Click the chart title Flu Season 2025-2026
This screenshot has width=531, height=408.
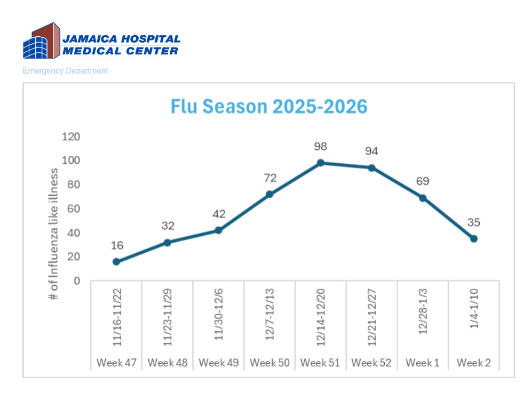(x=269, y=106)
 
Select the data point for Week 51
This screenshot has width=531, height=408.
(x=320, y=163)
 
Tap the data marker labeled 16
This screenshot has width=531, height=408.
(x=116, y=261)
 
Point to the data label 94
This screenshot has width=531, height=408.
(x=371, y=151)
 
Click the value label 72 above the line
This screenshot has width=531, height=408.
(x=269, y=178)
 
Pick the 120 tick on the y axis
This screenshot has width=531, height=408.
(x=71, y=137)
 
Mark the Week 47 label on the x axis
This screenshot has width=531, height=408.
(x=116, y=363)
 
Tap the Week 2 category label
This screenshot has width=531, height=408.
(x=473, y=363)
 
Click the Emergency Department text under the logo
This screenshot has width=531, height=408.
(x=65, y=71)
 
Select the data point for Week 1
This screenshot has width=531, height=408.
(x=423, y=198)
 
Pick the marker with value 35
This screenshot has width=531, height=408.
(x=473, y=238)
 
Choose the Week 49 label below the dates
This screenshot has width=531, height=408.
(x=218, y=363)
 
